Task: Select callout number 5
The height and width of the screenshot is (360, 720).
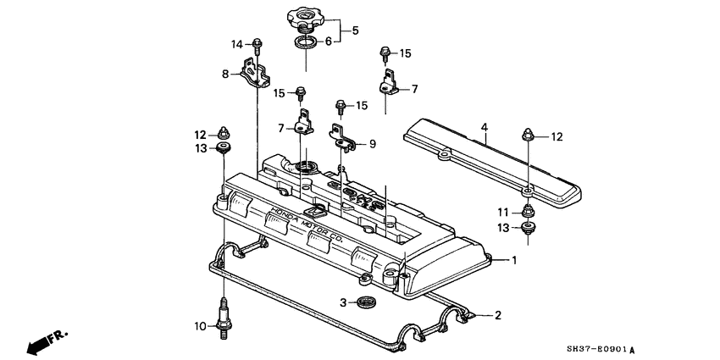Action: (x=356, y=30)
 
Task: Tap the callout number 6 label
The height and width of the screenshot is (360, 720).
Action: (x=330, y=42)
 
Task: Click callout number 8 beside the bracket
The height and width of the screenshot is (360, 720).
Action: (x=226, y=74)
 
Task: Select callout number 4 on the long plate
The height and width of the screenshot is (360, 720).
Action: (x=485, y=128)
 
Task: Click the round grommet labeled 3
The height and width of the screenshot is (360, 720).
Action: (x=367, y=302)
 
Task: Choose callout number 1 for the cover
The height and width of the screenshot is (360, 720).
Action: (x=512, y=259)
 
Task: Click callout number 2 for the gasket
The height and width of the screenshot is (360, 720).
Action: (x=498, y=315)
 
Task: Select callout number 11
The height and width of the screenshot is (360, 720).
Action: (x=502, y=211)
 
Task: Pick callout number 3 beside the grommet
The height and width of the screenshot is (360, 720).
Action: (x=343, y=302)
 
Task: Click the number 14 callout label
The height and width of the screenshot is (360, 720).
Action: (x=237, y=43)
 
